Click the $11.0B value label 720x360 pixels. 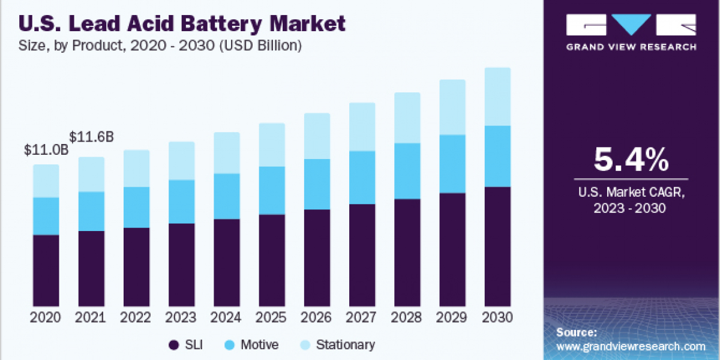(x=46, y=150)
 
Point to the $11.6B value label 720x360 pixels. (x=92, y=137)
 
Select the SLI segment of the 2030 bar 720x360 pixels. (x=497, y=246)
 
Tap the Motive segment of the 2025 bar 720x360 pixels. (x=271, y=190)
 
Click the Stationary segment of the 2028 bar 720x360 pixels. (x=407, y=118)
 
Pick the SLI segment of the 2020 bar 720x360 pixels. (x=46, y=270)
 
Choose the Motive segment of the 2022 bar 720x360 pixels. (x=136, y=207)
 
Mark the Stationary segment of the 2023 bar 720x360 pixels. (x=181, y=161)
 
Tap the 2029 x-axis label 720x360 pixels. (x=452, y=317)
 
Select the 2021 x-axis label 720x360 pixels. (x=91, y=317)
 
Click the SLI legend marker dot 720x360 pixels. (x=175, y=345)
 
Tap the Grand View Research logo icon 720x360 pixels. (x=631, y=25)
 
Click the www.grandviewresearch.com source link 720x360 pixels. (x=631, y=346)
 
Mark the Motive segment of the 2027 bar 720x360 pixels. (x=362, y=178)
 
